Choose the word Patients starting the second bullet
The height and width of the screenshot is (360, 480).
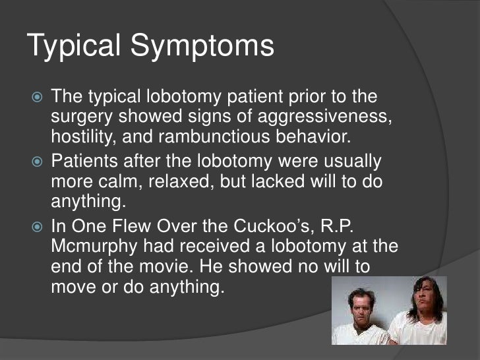pos(82,162)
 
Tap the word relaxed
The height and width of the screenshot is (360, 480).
pos(159,181)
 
